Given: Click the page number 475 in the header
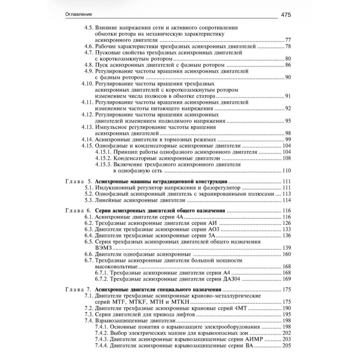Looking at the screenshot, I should [x=287, y=14].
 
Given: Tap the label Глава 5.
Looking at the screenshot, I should [x=79, y=181].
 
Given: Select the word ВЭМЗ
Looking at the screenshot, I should [x=103, y=248].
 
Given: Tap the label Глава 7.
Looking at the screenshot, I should [x=79, y=289].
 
